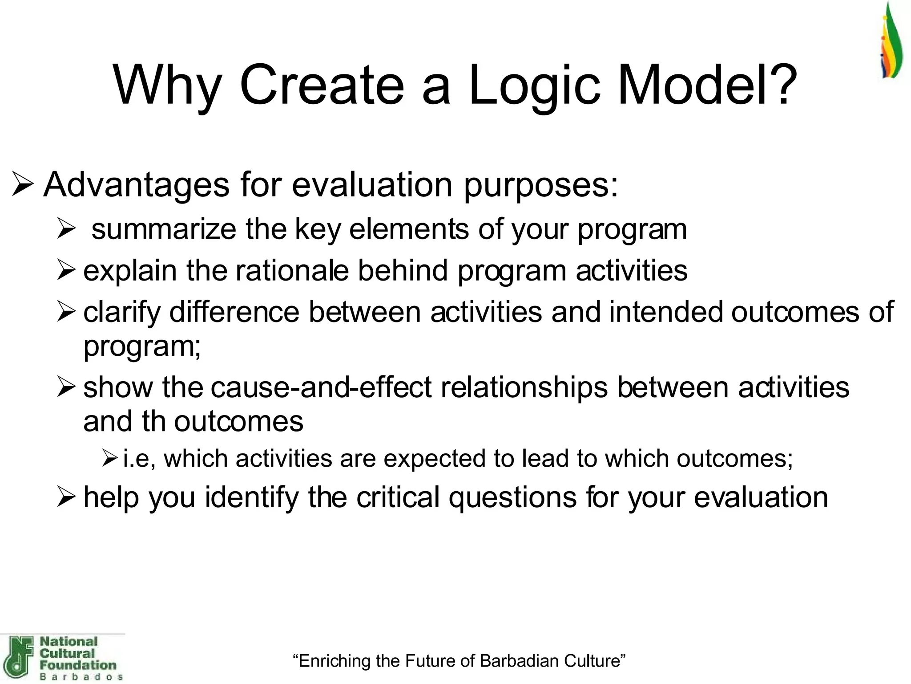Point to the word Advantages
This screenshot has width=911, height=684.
(136, 184)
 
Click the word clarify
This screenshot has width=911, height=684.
(121, 312)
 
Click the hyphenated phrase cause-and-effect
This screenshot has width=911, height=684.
(321, 387)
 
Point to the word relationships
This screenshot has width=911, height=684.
(524, 387)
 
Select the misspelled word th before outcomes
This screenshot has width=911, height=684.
(153, 421)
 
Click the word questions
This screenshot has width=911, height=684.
(512, 497)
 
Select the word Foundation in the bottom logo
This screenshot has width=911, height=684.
(78, 665)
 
